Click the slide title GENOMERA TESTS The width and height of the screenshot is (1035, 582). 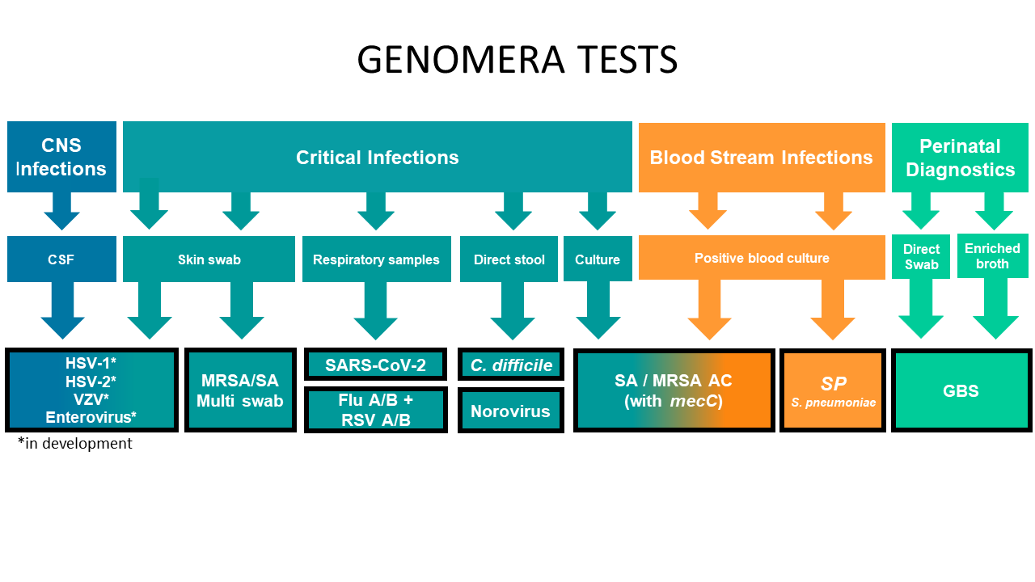pyautogui.click(x=517, y=59)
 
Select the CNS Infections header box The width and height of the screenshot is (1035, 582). pyautogui.click(x=61, y=157)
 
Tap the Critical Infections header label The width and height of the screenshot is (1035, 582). pyautogui.click(x=377, y=157)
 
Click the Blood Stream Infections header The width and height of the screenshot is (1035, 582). pyautogui.click(x=762, y=157)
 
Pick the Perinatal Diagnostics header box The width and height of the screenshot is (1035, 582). pyautogui.click(x=960, y=157)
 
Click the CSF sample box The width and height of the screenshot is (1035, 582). pyautogui.click(x=61, y=259)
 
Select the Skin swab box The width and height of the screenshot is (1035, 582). pyautogui.click(x=209, y=259)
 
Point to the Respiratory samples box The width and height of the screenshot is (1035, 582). pyautogui.click(x=377, y=259)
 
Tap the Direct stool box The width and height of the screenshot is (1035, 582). pyautogui.click(x=509, y=259)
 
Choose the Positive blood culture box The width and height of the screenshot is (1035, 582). pyautogui.click(x=762, y=257)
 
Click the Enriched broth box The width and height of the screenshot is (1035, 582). pyautogui.click(x=992, y=256)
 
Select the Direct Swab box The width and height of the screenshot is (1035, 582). pyautogui.click(x=921, y=256)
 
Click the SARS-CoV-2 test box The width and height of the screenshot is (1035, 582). pyautogui.click(x=376, y=365)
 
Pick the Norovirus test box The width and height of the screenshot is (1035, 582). pyautogui.click(x=510, y=411)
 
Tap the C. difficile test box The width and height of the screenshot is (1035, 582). pyautogui.click(x=510, y=365)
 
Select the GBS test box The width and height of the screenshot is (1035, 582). pyautogui.click(x=961, y=390)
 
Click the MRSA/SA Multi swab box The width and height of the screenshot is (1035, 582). pyautogui.click(x=240, y=390)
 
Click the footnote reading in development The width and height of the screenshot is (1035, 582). pyautogui.click(x=75, y=444)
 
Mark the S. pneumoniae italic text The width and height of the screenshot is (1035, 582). pyautogui.click(x=833, y=403)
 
